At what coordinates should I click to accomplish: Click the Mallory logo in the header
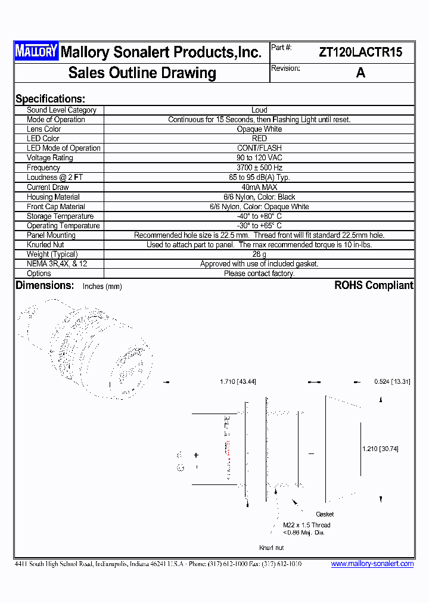point(36,52)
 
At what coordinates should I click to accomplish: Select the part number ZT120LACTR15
point(360,52)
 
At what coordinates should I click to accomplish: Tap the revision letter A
point(360,73)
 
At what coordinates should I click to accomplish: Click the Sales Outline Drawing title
point(142,73)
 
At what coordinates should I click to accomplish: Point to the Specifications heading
point(50,99)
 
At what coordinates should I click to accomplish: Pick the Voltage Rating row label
point(49,158)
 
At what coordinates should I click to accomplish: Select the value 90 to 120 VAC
point(259,158)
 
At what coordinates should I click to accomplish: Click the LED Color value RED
point(259,138)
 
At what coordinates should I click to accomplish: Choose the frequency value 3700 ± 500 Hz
point(259,168)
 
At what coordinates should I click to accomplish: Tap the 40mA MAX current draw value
point(259,187)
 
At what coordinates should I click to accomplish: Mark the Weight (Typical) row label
point(52,254)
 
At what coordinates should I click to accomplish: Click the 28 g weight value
point(259,254)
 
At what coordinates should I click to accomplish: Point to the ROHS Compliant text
point(374,285)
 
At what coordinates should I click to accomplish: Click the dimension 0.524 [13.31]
point(392,381)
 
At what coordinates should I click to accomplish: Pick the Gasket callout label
point(325,514)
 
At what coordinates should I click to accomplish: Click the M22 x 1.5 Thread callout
point(306,525)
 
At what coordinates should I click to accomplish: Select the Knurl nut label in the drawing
point(271,548)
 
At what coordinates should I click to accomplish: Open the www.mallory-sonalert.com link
point(372,564)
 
